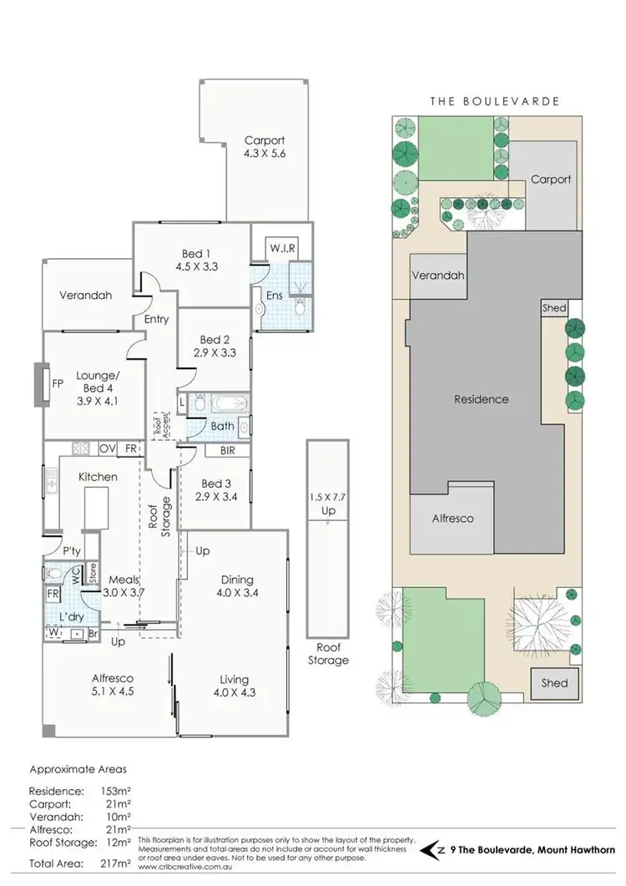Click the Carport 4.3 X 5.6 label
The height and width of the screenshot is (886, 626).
click(264, 148)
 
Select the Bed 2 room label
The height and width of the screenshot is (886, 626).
click(215, 347)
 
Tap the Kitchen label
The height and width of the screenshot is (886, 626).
click(98, 477)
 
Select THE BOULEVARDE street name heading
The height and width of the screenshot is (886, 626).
click(494, 101)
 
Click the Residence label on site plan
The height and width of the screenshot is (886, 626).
click(481, 399)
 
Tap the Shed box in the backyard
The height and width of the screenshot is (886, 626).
click(554, 683)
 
